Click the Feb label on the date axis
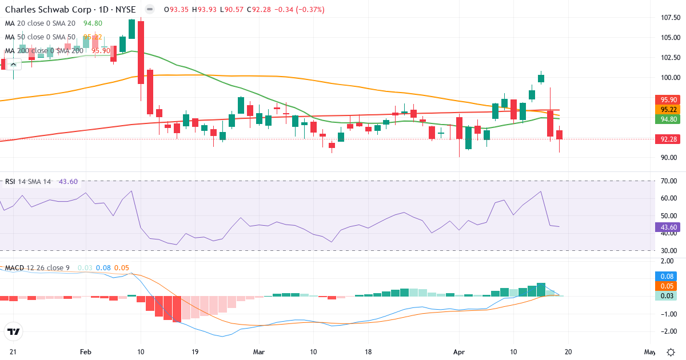(x=86, y=352)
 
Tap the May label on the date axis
(x=650, y=352)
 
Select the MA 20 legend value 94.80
(x=93, y=23)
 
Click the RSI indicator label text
(x=10, y=182)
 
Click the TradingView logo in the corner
(x=13, y=331)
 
